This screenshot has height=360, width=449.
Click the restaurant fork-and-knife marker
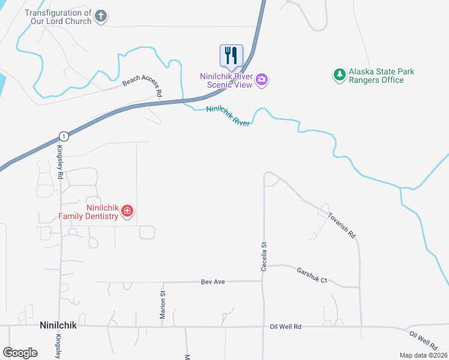click(231, 56)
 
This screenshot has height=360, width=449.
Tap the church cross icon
click(101, 17)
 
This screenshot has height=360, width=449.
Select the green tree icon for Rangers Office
click(340, 75)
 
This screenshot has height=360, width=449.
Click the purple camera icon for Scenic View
click(262, 79)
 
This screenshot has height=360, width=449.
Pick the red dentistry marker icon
click(127, 211)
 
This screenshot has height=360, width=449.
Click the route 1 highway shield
click(64, 136)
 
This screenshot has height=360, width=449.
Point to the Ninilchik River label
click(228, 115)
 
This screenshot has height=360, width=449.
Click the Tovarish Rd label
click(342, 224)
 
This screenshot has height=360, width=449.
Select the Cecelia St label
click(264, 256)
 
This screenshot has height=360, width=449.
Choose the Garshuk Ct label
click(312, 275)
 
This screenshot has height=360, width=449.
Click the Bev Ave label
click(212, 281)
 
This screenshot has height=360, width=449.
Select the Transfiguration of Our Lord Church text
click(58, 17)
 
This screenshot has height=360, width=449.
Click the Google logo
click(20, 353)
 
